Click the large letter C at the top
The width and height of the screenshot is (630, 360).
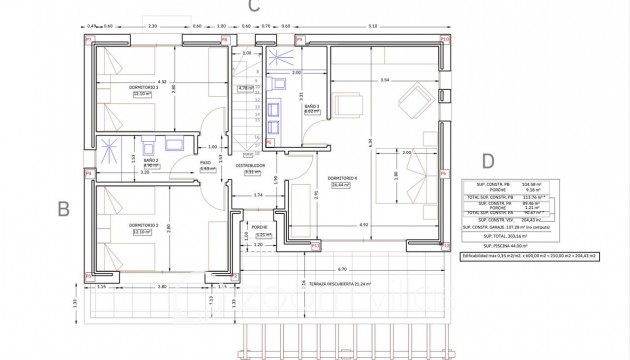coord(254,8)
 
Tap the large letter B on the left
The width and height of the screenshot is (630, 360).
coord(62,209)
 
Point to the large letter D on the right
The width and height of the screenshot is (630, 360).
coord(487,160)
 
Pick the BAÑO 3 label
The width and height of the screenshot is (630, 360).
coord(311,105)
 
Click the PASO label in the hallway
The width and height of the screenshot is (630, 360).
coord(204,163)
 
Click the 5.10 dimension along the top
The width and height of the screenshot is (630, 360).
coord(372,26)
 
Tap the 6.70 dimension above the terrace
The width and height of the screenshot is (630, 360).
coord(341,269)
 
